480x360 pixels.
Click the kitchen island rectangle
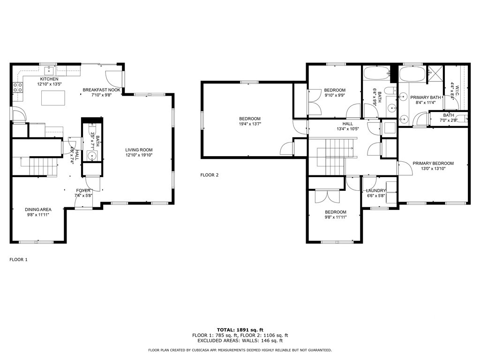coord(53,98)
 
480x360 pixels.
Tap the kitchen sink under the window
coord(49,71)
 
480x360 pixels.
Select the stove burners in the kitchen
coord(17,87)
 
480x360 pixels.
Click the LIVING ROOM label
coord(139,150)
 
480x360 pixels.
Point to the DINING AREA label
coord(38,210)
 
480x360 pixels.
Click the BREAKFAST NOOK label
coord(102,90)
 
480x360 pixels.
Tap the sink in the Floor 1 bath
coord(91,156)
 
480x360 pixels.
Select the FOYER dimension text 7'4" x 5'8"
coord(83,195)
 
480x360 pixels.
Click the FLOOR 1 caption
coord(18,260)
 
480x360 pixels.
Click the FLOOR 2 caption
coord(210,175)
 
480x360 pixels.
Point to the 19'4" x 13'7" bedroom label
coord(250,121)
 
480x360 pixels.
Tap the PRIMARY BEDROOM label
coord(433,164)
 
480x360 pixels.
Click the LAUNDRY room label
coord(375,191)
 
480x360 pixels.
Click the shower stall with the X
coord(435,73)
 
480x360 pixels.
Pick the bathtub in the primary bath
coord(412,74)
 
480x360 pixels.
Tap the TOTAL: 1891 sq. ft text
coord(240,330)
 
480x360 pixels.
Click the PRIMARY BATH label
coord(426,97)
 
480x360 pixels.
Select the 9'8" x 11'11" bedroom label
coord(336,215)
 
